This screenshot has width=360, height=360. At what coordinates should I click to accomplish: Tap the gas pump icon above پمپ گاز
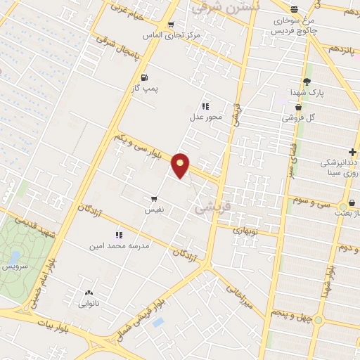144,77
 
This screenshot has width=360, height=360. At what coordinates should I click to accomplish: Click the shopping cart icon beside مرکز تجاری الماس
170,25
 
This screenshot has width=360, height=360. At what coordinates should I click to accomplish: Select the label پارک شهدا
307,92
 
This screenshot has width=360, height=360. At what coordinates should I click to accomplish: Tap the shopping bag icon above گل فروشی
299,107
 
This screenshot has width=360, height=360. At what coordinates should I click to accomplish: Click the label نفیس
155,210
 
